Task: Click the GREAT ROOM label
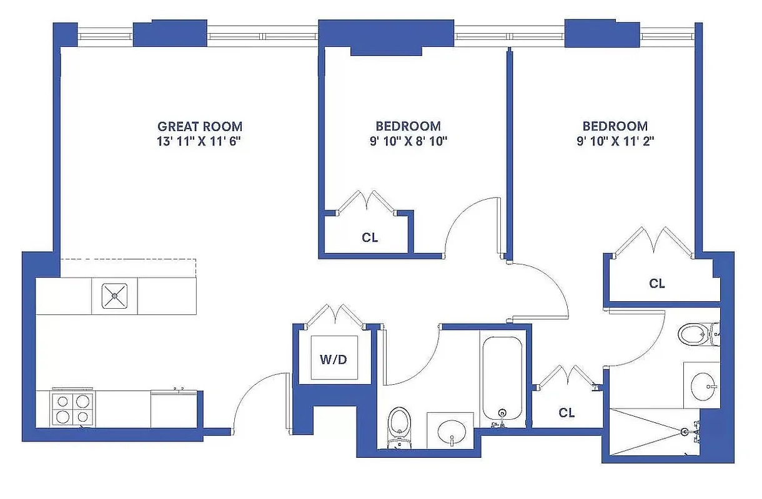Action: tap(199, 126)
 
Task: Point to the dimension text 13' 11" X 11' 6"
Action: tap(199, 141)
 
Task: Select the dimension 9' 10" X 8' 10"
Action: tap(408, 141)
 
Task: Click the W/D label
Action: tap(334, 359)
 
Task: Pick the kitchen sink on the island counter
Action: tap(115, 296)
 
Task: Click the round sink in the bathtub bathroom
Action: tap(451, 430)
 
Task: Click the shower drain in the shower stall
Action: tap(685, 432)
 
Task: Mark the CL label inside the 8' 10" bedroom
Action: tap(370, 238)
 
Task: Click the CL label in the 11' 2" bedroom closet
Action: tap(656, 284)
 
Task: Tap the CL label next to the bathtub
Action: tap(567, 412)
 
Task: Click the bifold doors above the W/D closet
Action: tap(336, 315)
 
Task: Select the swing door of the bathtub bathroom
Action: tap(412, 359)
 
